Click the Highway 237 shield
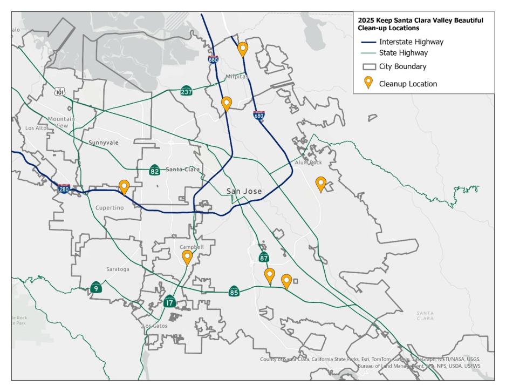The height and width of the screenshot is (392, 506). (x=187, y=91)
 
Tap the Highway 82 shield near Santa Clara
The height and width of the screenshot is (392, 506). (x=155, y=171)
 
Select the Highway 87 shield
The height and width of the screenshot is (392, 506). (x=264, y=258)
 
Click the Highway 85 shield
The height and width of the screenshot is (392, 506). (x=234, y=292)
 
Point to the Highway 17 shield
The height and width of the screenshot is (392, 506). (x=170, y=301)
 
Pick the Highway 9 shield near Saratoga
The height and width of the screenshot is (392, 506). (x=96, y=288)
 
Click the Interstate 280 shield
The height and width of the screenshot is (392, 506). (x=64, y=188)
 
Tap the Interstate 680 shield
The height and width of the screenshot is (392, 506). (x=259, y=115)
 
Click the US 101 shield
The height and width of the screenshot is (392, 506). (x=60, y=92)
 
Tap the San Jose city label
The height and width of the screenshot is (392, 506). (x=244, y=192)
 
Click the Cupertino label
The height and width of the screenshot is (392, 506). (x=110, y=208)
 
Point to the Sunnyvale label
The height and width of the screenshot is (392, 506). (x=104, y=143)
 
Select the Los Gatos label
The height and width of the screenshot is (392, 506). (x=156, y=326)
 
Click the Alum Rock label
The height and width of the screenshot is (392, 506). (x=308, y=163)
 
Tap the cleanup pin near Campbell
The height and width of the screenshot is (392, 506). (x=187, y=257)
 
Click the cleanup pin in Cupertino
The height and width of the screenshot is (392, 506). (x=124, y=187)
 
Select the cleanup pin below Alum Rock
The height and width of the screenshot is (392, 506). (x=321, y=184)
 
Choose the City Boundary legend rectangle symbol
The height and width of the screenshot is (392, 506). (x=369, y=67)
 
